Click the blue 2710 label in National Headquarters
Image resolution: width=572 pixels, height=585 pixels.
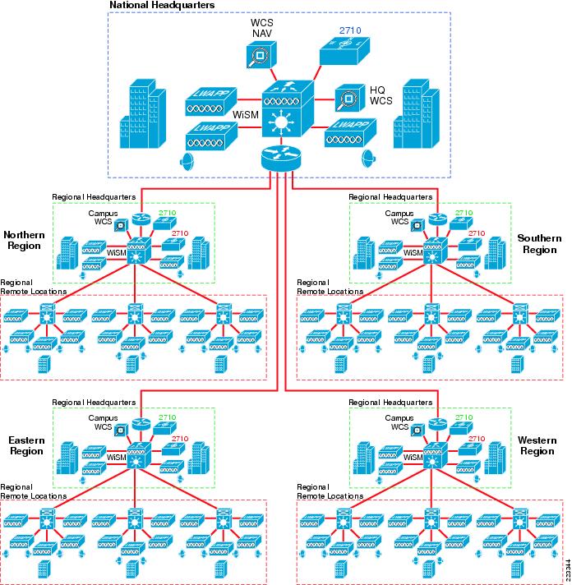click(350, 30)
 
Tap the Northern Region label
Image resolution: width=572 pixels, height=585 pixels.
click(24, 239)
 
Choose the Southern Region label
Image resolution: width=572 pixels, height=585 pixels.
click(539, 244)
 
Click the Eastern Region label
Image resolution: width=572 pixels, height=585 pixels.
click(26, 445)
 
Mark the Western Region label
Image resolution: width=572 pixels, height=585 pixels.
click(537, 445)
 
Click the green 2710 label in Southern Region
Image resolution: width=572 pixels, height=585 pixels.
click(464, 213)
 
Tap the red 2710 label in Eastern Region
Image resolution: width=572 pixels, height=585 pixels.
click(179, 439)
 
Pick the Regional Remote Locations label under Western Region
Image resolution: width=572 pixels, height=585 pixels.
click(329, 492)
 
